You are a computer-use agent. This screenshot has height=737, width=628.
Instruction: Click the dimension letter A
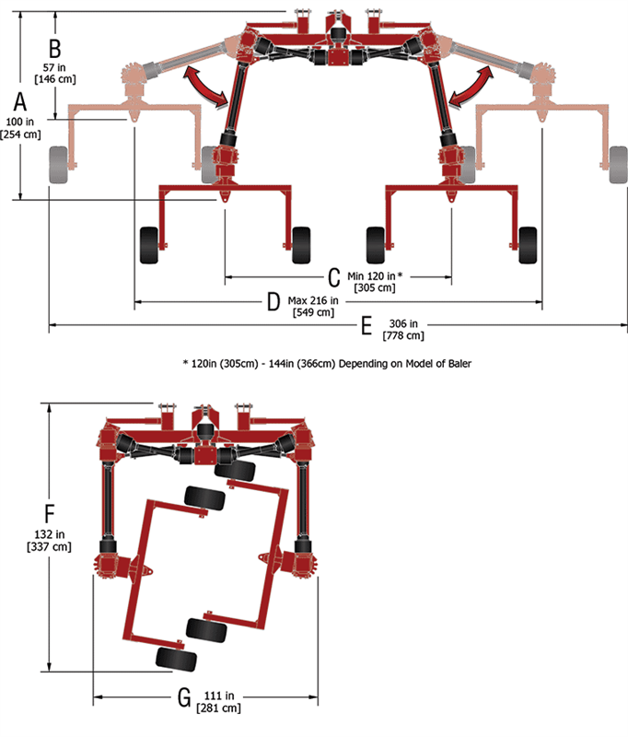pos(19,101)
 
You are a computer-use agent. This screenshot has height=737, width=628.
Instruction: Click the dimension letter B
pos(55,49)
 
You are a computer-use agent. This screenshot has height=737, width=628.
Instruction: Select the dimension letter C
pos(334,277)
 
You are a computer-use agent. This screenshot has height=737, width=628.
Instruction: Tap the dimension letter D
pos(273,302)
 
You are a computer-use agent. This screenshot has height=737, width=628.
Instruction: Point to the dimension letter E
pos(366,325)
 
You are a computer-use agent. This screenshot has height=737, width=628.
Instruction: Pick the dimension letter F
pos(50,513)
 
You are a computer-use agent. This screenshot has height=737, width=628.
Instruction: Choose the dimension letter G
pos(184,697)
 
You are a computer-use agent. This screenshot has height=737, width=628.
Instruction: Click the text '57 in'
pos(54,67)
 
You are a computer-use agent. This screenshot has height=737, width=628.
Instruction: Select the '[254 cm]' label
pos(20,135)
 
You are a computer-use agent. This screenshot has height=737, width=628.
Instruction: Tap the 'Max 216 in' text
pos(313,300)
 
